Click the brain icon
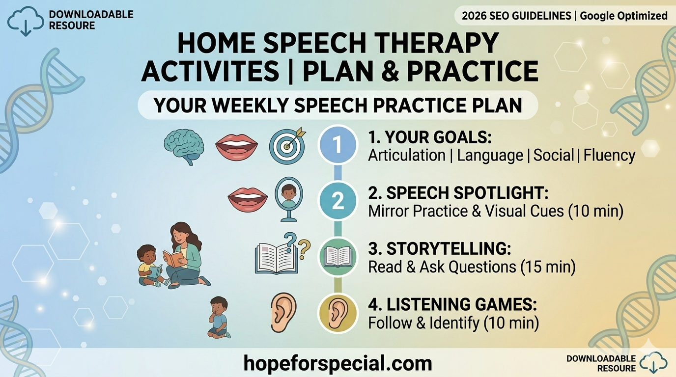(x=184, y=147)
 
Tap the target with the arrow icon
(x=287, y=145)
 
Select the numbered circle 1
(x=338, y=145)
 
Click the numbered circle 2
(x=338, y=201)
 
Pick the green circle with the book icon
(x=338, y=257)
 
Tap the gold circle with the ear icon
(x=338, y=313)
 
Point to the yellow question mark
(x=304, y=249)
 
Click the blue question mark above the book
(x=290, y=242)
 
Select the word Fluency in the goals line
(x=609, y=155)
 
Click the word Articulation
(x=407, y=155)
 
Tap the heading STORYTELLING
(x=440, y=248)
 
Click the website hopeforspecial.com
(x=338, y=363)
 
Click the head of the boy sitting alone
(x=219, y=305)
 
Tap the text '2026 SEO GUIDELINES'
(x=516, y=16)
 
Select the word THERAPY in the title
(x=435, y=43)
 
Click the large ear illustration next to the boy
(x=283, y=313)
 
